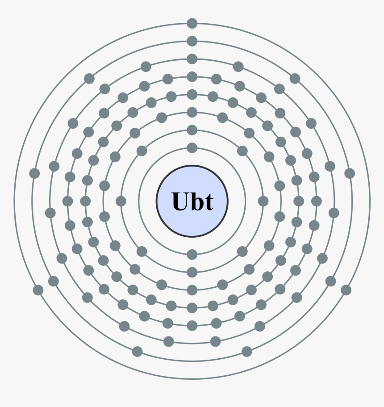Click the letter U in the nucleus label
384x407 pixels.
coord(181,201)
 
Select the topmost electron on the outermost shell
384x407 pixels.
coord(192,24)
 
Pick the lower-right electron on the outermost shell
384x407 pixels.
coord(346,290)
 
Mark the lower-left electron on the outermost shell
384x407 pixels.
coord(38,290)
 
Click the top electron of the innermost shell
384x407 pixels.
coord(192,148)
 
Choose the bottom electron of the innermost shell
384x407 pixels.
coord(192,254)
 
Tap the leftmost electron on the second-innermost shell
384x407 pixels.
coord(121,201)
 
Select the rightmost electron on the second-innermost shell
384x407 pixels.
coord(263,201)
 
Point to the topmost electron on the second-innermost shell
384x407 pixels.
coord(192,130)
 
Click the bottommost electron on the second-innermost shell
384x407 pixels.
coord(192,272)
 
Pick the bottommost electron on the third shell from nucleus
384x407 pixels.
coord(192,290)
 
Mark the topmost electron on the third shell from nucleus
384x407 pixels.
coord(192,113)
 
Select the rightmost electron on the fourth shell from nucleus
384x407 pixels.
coord(299,201)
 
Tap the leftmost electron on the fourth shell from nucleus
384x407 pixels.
coord(85,201)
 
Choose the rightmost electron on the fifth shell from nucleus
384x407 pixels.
coord(317,201)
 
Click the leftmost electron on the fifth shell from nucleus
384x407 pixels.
coord(67,201)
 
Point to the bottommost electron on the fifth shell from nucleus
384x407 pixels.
coord(192,326)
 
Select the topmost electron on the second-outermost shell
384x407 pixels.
coord(192,41)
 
